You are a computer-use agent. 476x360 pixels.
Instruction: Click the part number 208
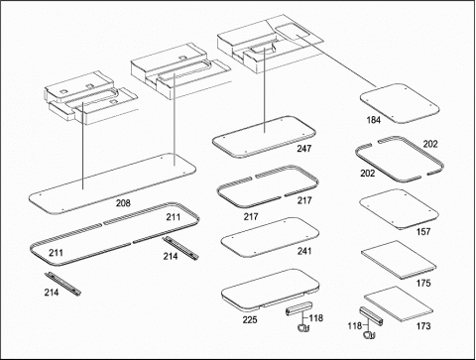(x=123, y=202)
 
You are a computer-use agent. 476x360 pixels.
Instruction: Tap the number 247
(x=303, y=149)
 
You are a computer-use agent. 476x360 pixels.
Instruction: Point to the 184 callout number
(x=374, y=120)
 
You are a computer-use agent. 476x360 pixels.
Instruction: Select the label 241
(x=304, y=251)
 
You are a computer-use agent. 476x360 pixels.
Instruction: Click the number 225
(x=250, y=319)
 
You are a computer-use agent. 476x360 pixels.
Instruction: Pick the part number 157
(x=423, y=231)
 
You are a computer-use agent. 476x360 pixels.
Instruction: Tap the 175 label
(x=423, y=283)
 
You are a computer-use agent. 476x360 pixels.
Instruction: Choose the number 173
(x=423, y=326)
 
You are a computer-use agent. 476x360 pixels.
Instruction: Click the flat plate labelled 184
(x=400, y=103)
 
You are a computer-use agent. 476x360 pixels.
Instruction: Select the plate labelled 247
(x=264, y=137)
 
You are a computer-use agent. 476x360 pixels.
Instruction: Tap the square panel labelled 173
(x=399, y=303)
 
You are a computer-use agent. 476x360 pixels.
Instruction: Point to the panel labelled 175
(x=399, y=260)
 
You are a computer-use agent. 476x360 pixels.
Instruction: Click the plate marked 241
(x=270, y=237)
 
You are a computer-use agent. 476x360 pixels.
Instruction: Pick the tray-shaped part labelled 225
(x=270, y=290)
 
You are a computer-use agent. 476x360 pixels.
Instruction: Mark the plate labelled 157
(x=400, y=209)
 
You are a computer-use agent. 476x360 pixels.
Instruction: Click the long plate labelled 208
(x=112, y=183)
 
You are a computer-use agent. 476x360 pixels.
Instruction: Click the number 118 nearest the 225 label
(x=316, y=318)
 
